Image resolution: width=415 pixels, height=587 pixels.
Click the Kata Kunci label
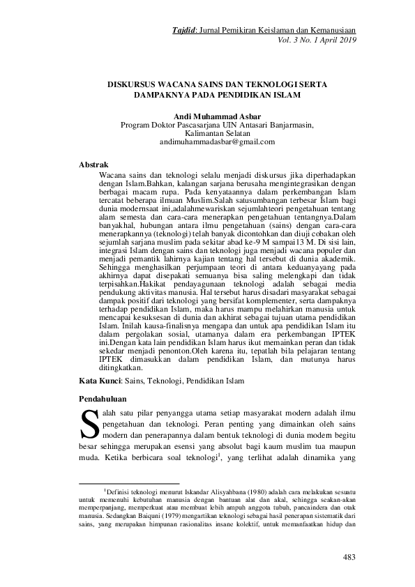click(x=100, y=382)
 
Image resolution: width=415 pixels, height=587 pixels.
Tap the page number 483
click(x=350, y=556)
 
